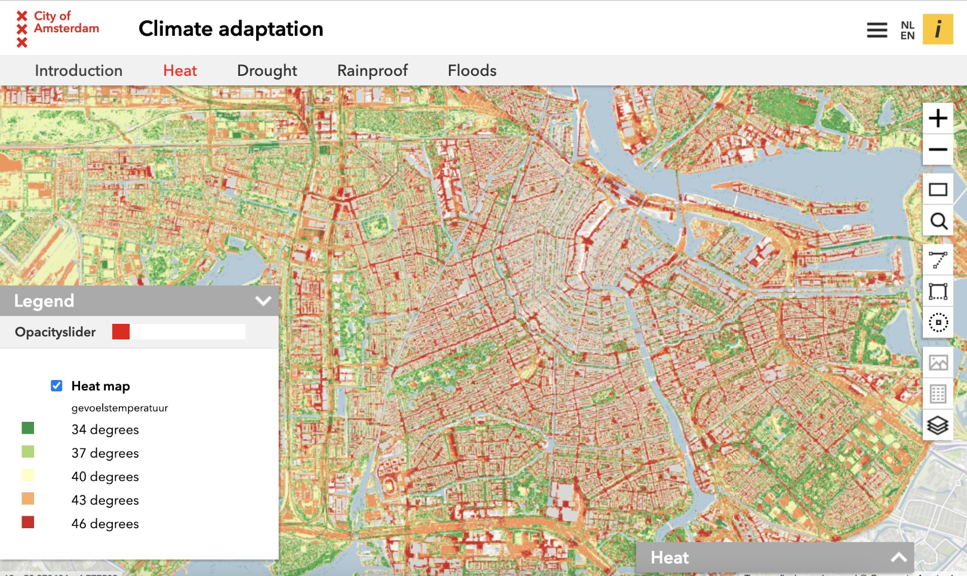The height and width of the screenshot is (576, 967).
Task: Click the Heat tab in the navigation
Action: pyautogui.click(x=180, y=71)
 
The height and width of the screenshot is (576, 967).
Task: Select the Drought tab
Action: pyautogui.click(x=267, y=71)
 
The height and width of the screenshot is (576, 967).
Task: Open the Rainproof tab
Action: pyautogui.click(x=372, y=71)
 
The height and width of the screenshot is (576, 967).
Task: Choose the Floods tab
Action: pyautogui.click(x=472, y=71)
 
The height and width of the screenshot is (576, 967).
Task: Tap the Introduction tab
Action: pyautogui.click(x=78, y=71)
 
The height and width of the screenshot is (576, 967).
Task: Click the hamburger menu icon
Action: pyautogui.click(x=877, y=30)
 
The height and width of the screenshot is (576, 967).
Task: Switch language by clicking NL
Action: pyautogui.click(x=907, y=25)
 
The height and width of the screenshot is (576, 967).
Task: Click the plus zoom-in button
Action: pyautogui.click(x=938, y=118)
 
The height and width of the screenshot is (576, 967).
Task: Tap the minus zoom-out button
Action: pyautogui.click(x=938, y=149)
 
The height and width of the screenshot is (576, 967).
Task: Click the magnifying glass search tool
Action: pyautogui.click(x=938, y=221)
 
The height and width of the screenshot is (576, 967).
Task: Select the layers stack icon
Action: pyautogui.click(x=938, y=425)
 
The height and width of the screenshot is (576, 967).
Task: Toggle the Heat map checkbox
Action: pyautogui.click(x=57, y=386)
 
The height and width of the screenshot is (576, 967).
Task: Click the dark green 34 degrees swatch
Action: pyautogui.click(x=28, y=428)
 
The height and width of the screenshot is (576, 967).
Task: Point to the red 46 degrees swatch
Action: pyautogui.click(x=28, y=522)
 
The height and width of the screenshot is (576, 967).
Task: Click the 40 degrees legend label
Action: pyautogui.click(x=105, y=477)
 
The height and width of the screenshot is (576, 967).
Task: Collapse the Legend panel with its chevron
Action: pyautogui.click(x=263, y=301)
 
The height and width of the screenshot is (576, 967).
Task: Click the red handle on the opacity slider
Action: pyautogui.click(x=121, y=332)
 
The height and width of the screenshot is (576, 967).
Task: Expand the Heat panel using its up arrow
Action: pyautogui.click(x=898, y=557)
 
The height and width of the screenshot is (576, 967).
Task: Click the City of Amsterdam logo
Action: pyautogui.click(x=57, y=28)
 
